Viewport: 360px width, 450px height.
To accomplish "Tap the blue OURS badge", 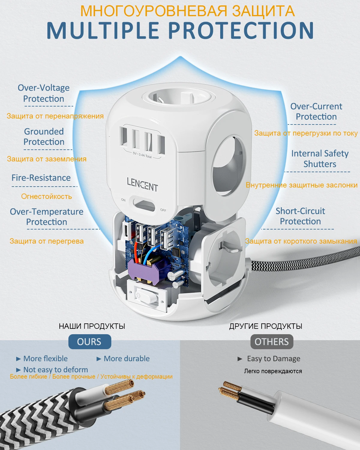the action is coord(90,341).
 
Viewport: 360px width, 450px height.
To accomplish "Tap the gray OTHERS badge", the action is coord(272,341).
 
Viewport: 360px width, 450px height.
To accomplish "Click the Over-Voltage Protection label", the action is coord(43,93).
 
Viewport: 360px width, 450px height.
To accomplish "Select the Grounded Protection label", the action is coord(44,136).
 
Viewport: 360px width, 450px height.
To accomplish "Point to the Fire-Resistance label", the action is coord(41,178).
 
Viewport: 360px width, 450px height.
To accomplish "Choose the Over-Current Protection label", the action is coord(316,112).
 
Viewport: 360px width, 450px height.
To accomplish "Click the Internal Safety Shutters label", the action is coord(320,159).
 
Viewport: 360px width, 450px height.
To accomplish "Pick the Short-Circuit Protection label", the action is coord(300,216).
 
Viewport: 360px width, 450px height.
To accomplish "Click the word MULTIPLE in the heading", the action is coord(103,30).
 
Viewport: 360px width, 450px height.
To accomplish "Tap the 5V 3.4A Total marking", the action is coord(142,155).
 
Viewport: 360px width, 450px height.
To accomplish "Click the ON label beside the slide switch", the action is coord(123,200).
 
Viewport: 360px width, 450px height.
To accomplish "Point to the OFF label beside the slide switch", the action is coord(163,210).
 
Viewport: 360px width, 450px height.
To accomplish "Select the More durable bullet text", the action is coord(127,358).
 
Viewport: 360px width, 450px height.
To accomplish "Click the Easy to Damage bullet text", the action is coord(274,359).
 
